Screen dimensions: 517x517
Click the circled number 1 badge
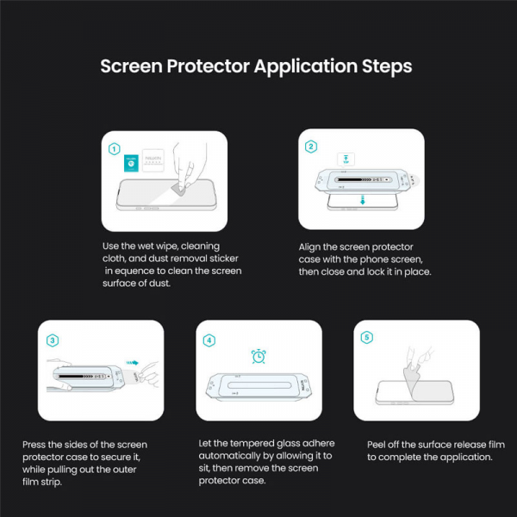click(115, 148)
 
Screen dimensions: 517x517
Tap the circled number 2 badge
click(311, 146)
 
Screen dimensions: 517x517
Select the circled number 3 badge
click(53, 339)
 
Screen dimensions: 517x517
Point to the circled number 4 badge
click(209, 339)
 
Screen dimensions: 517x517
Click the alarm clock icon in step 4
click(258, 356)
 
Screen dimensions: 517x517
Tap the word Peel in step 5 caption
click(378, 445)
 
